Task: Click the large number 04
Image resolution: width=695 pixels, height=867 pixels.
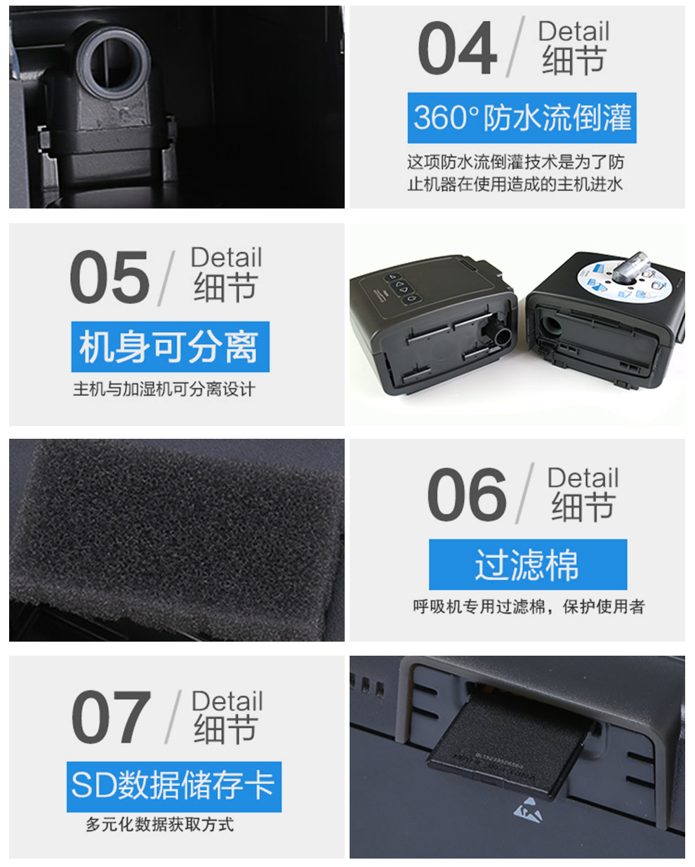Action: (457, 48)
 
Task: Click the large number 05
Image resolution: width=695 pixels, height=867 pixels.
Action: (110, 277)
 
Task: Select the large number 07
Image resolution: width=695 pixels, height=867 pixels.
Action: (111, 717)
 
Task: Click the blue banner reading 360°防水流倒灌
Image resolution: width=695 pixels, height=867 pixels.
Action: (522, 118)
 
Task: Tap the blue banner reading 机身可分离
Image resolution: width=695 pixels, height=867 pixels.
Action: (170, 347)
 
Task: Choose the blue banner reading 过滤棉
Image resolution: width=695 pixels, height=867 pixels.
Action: (528, 564)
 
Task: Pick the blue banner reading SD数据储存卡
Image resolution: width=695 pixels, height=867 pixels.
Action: (174, 787)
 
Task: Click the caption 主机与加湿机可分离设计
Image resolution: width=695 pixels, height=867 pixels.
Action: (164, 389)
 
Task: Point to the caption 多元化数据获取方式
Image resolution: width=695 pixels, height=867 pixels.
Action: (159, 824)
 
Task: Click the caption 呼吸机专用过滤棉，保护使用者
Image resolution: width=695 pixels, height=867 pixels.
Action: (529, 607)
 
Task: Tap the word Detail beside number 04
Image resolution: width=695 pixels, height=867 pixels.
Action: (574, 31)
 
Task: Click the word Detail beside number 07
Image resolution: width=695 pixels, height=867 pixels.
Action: (227, 701)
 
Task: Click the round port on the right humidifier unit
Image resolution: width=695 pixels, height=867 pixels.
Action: (549, 326)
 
